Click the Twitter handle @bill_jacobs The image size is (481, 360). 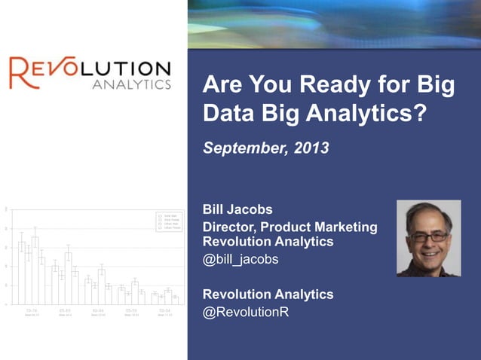click(x=241, y=259)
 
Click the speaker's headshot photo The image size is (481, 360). click(x=428, y=238)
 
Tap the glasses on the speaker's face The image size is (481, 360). click(x=427, y=236)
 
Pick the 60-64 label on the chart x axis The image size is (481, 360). click(x=98, y=310)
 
